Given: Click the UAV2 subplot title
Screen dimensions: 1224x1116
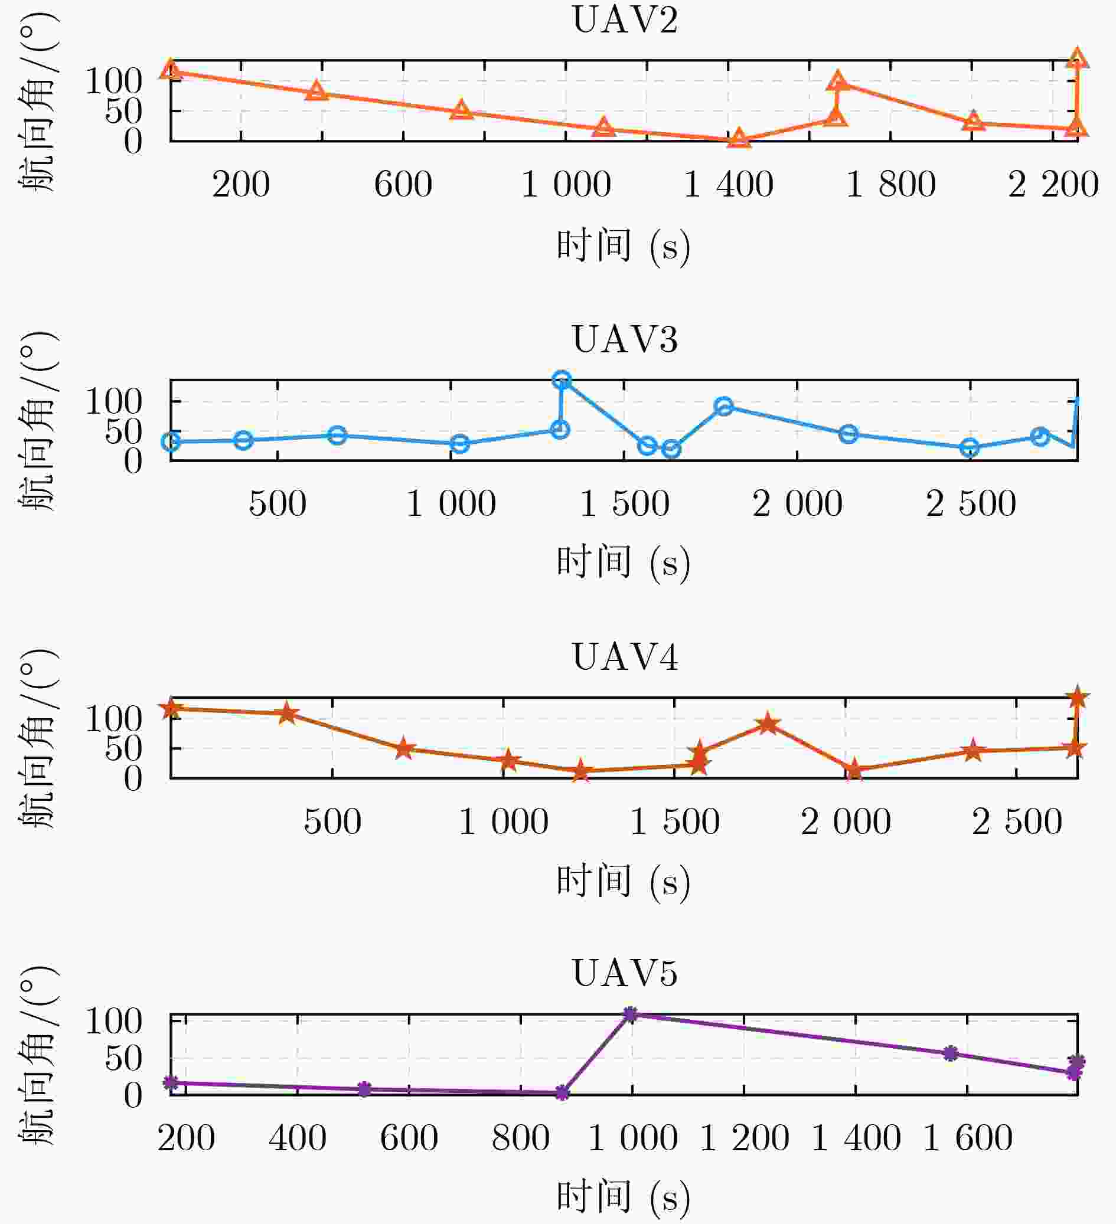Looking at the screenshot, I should pos(625,20).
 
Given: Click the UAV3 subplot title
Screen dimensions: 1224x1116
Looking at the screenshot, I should pos(625,339).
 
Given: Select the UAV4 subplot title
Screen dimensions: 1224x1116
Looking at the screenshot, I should pos(625,657).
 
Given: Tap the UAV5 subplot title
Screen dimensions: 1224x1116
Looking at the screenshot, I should pos(625,974).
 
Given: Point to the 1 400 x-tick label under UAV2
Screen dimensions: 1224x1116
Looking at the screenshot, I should pos(728,185).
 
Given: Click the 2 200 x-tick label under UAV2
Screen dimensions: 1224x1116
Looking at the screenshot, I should pos(1053,185).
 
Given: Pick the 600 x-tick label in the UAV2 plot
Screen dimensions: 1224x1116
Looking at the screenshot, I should pos(403,185).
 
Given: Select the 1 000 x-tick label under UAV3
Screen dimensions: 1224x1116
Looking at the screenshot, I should pos(451,504).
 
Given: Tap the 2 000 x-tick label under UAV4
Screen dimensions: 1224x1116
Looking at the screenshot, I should pos(846,823).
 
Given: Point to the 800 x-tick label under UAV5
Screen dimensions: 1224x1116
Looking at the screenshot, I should pos(521,1138).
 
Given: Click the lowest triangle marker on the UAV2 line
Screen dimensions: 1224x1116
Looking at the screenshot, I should pos(739,139).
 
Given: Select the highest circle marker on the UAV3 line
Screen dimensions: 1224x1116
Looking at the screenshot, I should pos(562,380).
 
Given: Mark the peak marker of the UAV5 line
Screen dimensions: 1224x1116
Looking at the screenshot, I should pos(631,1014).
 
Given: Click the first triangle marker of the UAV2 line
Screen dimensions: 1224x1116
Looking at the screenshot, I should pos(171,70).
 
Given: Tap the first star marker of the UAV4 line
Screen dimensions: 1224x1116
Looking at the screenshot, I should pos(171,708).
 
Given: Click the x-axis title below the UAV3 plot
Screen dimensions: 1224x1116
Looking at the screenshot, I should pos(624,562).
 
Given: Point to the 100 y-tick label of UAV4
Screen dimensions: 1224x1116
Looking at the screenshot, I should pos(113,720).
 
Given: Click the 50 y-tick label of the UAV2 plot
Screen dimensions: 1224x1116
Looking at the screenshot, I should pos(123,111).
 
